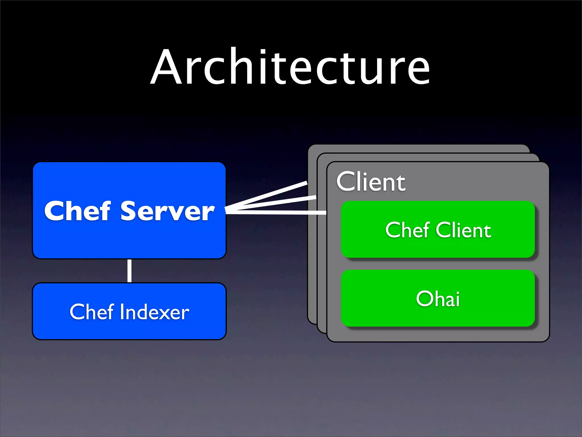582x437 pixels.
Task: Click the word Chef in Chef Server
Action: click(77, 211)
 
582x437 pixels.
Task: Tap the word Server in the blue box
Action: click(168, 211)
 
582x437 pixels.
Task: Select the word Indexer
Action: click(155, 312)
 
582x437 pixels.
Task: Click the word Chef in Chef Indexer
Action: click(92, 312)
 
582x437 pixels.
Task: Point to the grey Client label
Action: click(371, 182)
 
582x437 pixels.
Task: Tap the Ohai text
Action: click(438, 299)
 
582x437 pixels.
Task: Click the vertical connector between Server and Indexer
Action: click(130, 271)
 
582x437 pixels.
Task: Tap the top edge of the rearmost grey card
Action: click(418, 146)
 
